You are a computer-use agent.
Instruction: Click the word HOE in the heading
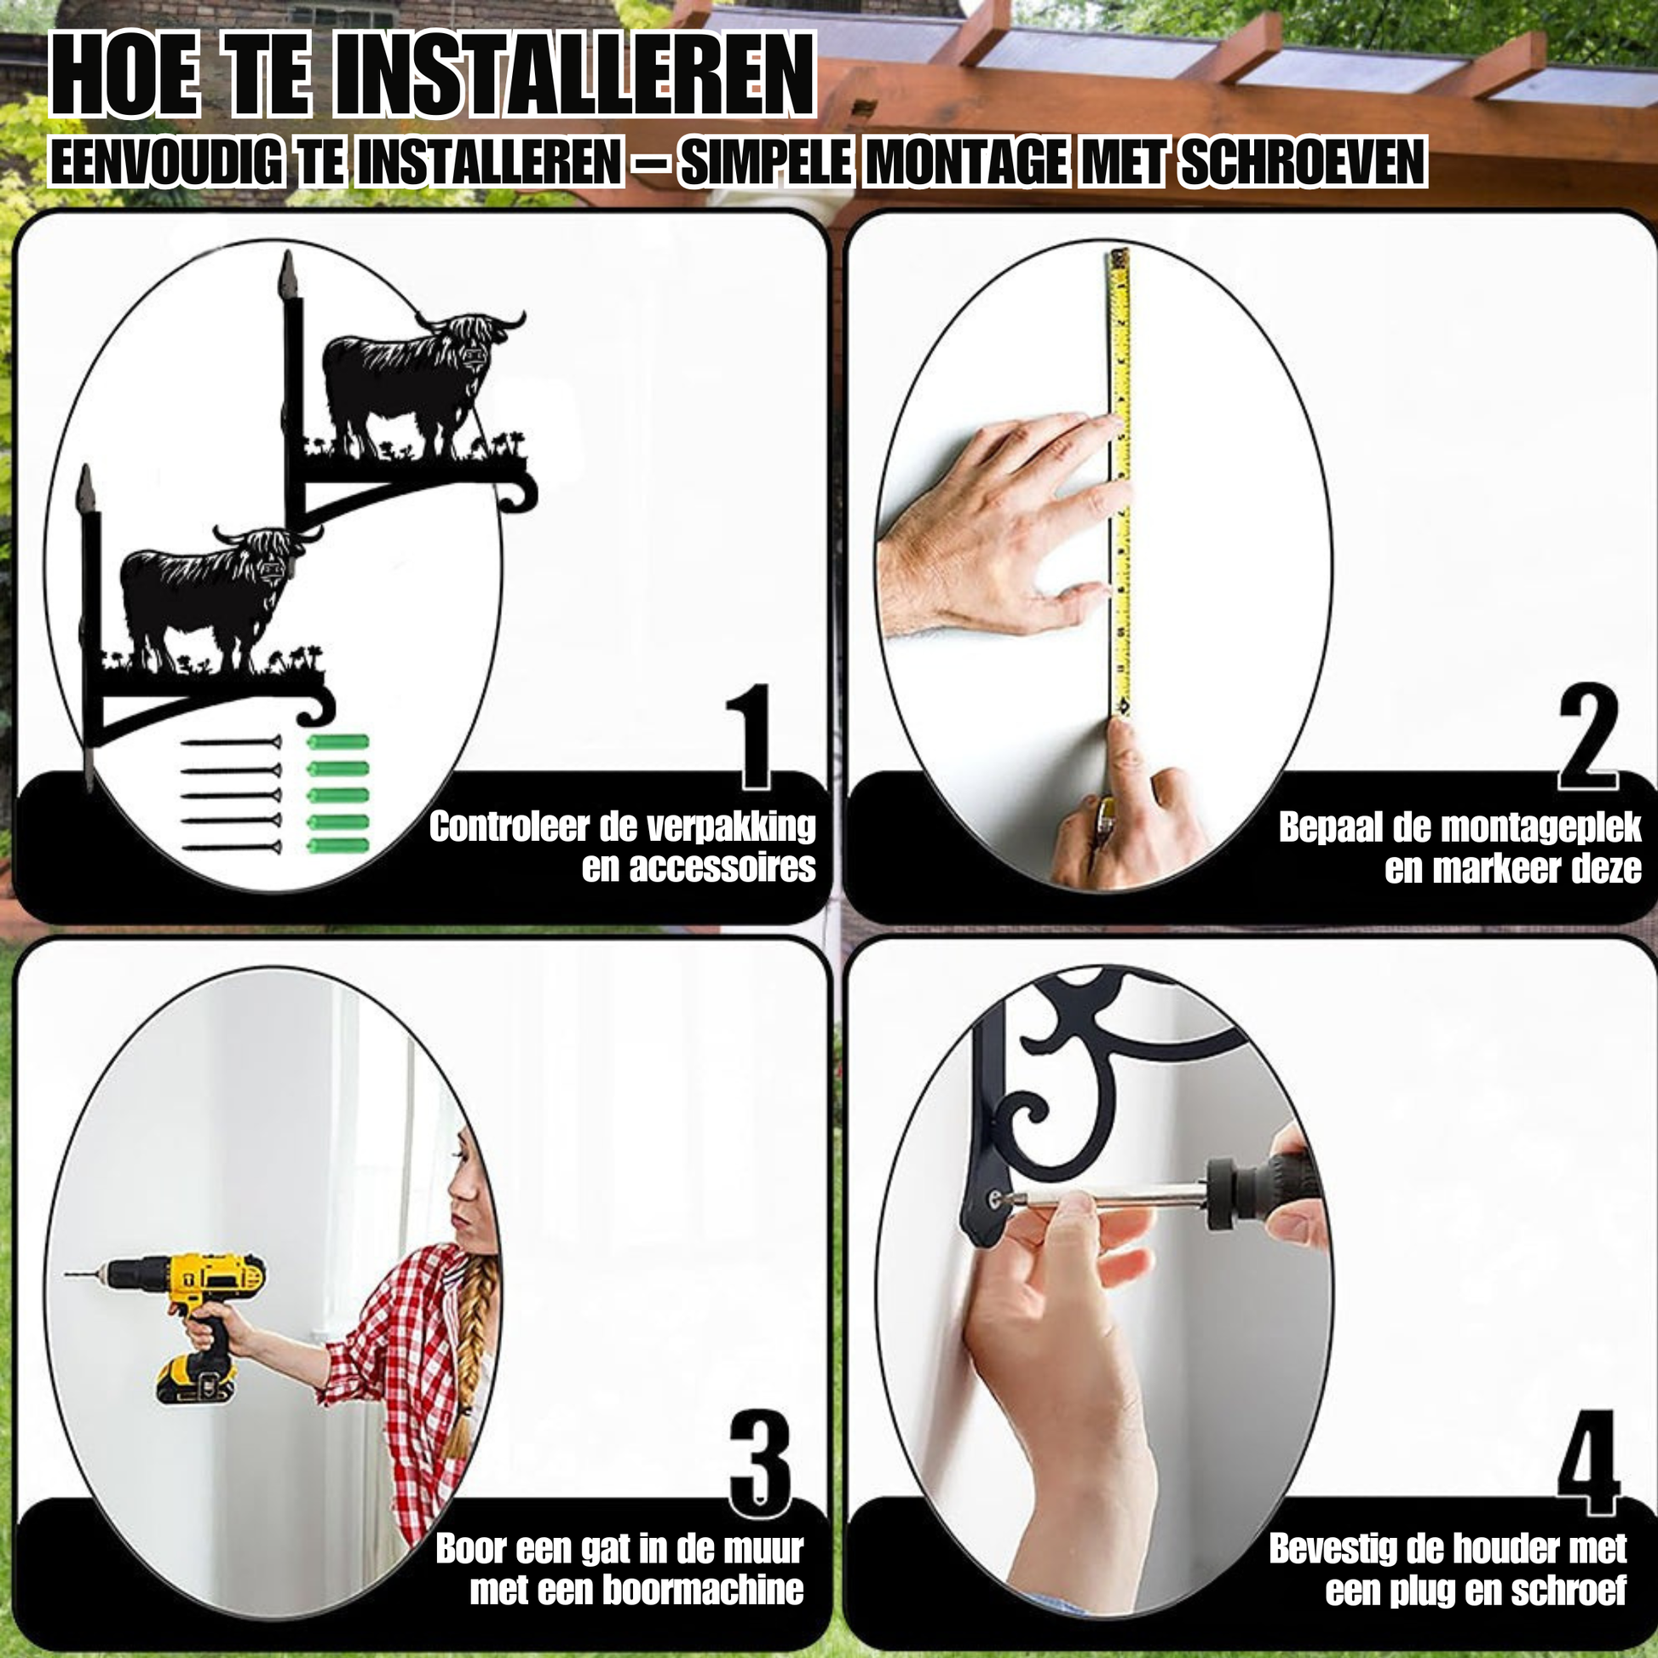point(125,75)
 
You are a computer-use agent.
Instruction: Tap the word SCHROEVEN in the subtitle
point(1303,162)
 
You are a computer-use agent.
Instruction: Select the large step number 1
point(748,735)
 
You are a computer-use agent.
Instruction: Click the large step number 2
point(1587,735)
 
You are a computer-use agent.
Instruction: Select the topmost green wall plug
point(338,741)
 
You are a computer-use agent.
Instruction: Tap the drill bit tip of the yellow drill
point(68,1275)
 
